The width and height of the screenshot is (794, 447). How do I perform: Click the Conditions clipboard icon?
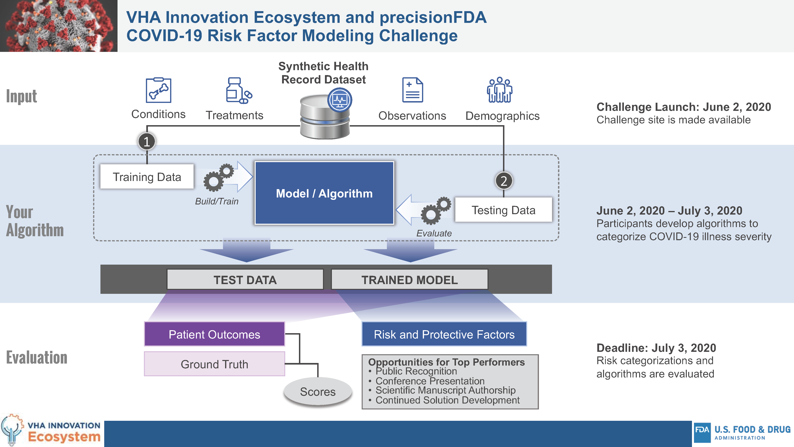tap(158, 90)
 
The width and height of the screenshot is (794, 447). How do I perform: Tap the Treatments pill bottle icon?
tap(238, 90)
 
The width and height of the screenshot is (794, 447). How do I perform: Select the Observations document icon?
tap(412, 90)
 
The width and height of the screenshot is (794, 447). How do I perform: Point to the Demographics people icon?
tap(500, 90)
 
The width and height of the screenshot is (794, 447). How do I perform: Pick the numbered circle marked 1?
tap(147, 142)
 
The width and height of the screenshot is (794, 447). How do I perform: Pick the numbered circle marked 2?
tap(504, 181)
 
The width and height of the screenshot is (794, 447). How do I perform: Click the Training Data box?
tap(147, 177)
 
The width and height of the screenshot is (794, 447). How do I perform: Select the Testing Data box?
tap(503, 210)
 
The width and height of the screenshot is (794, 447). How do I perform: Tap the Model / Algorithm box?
tap(324, 193)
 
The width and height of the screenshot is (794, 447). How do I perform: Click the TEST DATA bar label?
tap(245, 280)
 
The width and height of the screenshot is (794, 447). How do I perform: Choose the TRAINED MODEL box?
tap(409, 280)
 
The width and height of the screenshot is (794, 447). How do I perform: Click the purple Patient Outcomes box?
tap(214, 334)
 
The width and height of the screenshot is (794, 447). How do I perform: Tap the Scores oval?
tap(318, 391)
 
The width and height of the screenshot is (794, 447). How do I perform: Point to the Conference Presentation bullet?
tap(430, 381)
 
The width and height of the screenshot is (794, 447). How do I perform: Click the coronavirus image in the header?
tap(59, 26)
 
